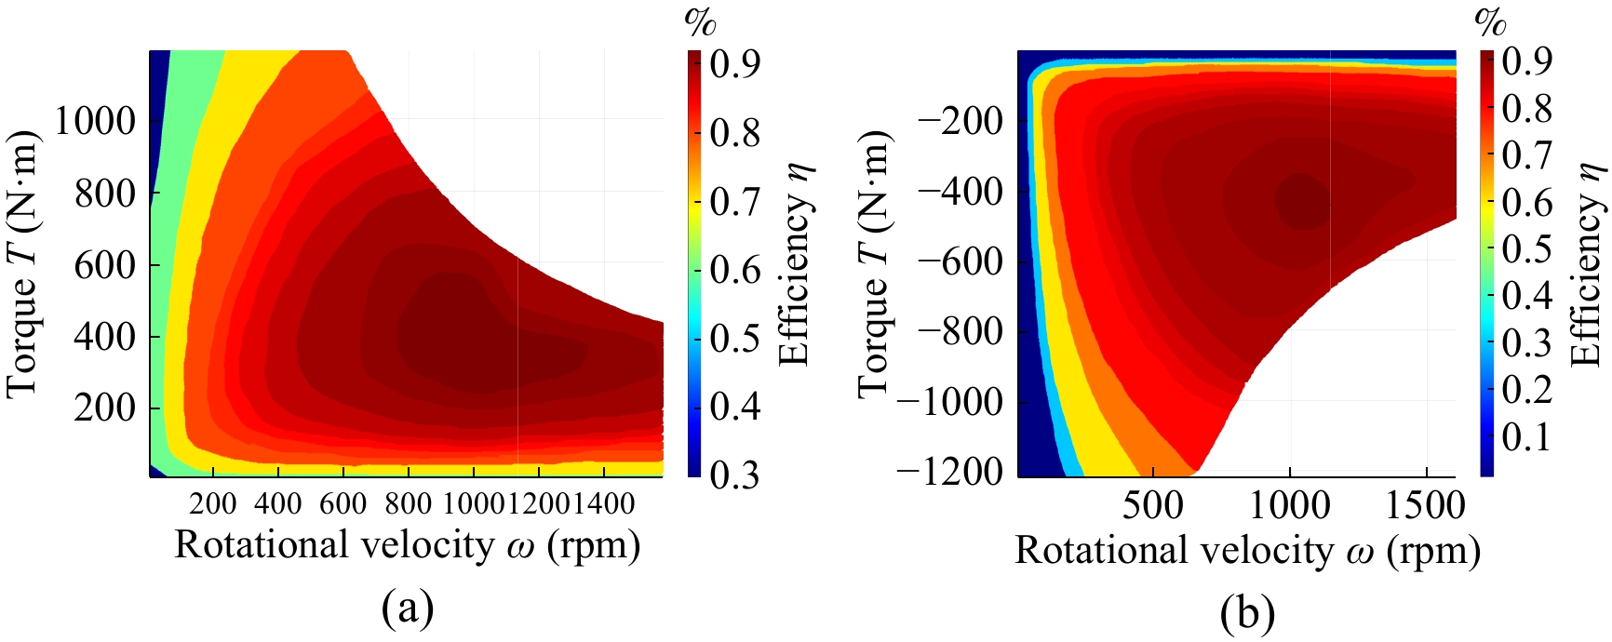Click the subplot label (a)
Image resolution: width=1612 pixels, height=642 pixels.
pyautogui.click(x=408, y=609)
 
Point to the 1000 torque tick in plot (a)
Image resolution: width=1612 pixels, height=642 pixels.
pyautogui.click(x=95, y=121)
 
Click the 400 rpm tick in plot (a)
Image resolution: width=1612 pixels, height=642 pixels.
pyautogui.click(x=278, y=504)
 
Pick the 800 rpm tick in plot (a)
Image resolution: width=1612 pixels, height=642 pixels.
pyautogui.click(x=409, y=504)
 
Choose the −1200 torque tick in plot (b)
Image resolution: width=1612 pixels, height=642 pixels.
pyautogui.click(x=950, y=472)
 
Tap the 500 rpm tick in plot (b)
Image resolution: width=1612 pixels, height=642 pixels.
pyautogui.click(x=1153, y=506)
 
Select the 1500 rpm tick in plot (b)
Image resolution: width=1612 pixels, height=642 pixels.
pyautogui.click(x=1426, y=506)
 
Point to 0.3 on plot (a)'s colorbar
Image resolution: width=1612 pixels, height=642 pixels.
pyautogui.click(x=735, y=475)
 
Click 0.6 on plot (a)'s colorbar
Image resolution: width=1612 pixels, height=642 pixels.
pyautogui.click(x=735, y=270)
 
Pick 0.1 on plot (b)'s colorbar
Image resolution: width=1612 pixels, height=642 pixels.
pyautogui.click(x=1526, y=436)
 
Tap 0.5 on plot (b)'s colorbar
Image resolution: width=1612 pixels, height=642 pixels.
pyautogui.click(x=1526, y=248)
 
